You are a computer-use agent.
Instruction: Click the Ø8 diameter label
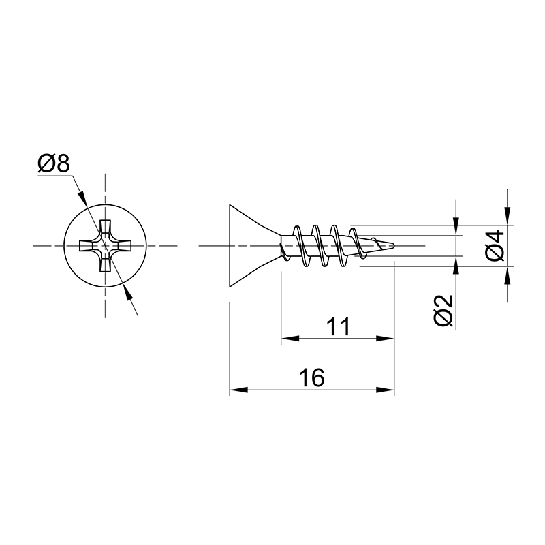tap(54, 163)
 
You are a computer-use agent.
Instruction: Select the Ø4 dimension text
tap(495, 245)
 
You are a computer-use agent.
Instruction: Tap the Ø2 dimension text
tap(443, 311)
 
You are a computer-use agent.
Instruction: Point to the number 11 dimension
tap(339, 326)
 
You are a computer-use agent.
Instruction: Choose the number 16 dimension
tap(312, 378)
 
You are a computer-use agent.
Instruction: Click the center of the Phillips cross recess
tap(106, 246)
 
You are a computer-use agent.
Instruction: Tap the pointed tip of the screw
tap(394, 246)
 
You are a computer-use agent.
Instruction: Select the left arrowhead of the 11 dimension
tap(290, 338)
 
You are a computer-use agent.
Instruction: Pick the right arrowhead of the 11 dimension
tap(386, 338)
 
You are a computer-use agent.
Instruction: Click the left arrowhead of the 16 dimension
tap(238, 390)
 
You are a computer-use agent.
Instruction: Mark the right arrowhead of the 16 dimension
tap(386, 390)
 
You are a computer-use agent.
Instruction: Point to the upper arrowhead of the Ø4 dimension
tap(508, 216)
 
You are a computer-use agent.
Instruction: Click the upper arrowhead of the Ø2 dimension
tap(456, 227)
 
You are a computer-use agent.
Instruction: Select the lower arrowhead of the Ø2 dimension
tap(456, 265)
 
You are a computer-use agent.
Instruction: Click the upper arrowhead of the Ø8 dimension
tap(82, 198)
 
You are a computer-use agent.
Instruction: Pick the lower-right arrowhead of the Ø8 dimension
tap(128, 294)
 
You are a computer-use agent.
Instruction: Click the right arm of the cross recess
tap(123, 246)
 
